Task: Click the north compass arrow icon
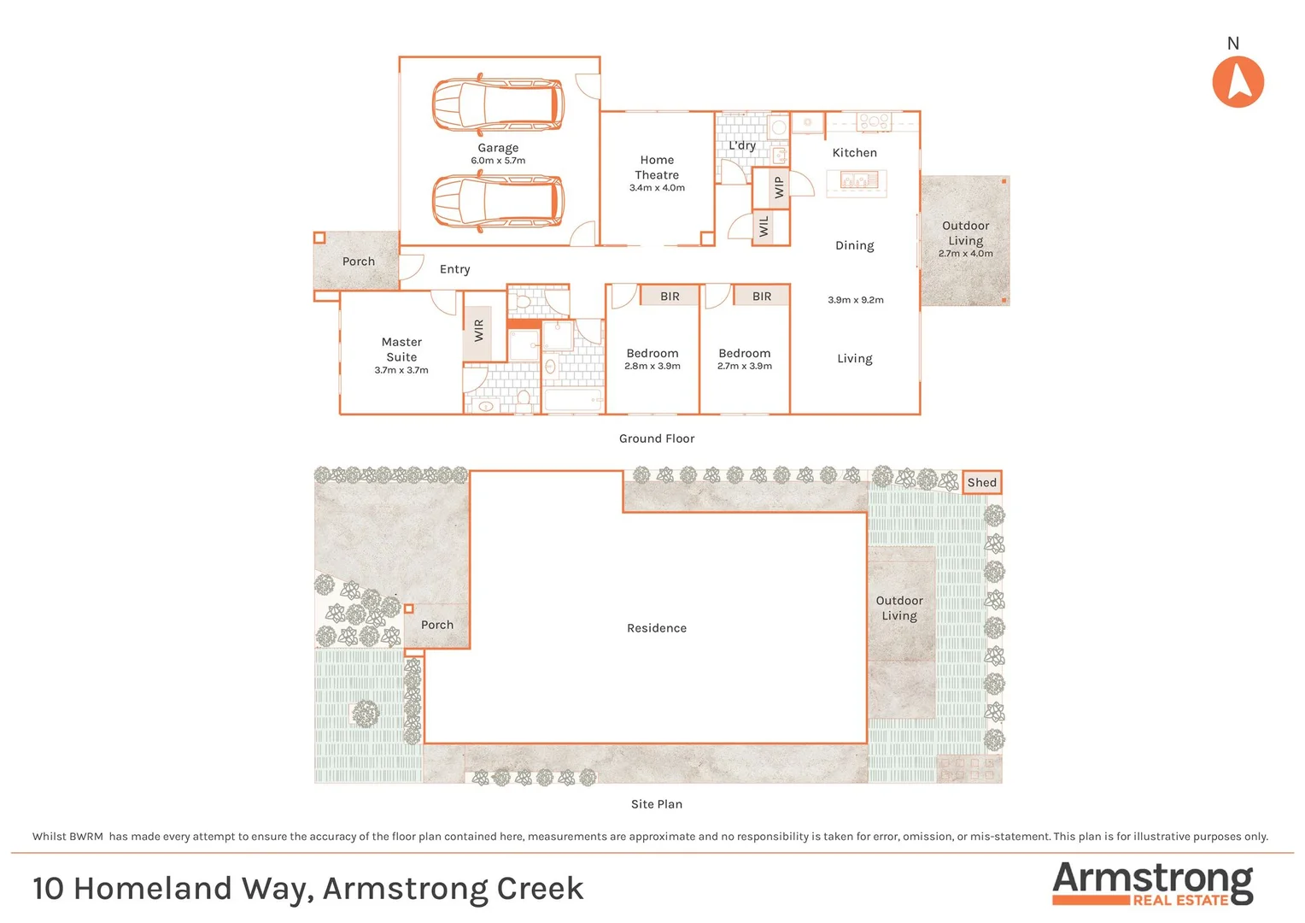pos(1238,82)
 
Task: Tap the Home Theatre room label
pos(657,168)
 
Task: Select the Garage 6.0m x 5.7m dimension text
pos(498,161)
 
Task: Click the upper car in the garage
pos(498,104)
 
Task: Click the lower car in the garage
pos(498,203)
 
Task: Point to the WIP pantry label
pos(778,187)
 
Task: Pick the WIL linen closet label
pos(764,226)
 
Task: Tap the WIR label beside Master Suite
pos(478,330)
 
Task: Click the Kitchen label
pos(854,153)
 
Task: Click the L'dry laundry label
pos(741,145)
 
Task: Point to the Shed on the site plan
pos(981,483)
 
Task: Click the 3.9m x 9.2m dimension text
pos(855,300)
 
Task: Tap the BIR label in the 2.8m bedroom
pos(670,297)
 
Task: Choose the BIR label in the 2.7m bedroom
pos(762,297)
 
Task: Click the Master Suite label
pos(401,350)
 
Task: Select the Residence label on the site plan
pos(656,628)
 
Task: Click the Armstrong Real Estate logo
pos(1152,884)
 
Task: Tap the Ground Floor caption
pos(656,438)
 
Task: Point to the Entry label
pos(454,269)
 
